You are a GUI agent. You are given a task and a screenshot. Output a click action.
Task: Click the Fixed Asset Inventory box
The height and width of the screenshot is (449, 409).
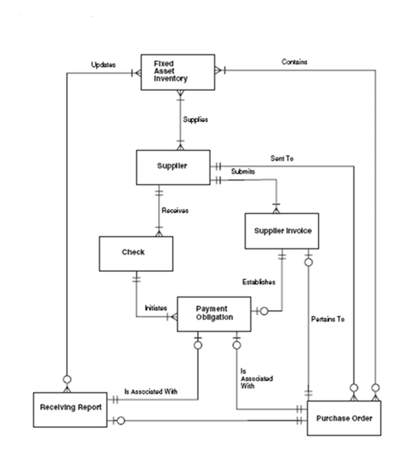[177, 72]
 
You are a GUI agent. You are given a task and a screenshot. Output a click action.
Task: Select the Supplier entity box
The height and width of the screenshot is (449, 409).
[173, 167]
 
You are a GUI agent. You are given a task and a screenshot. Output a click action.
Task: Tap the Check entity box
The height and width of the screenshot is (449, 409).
[136, 253]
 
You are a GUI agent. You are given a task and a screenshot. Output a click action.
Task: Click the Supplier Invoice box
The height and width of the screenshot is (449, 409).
[281, 231]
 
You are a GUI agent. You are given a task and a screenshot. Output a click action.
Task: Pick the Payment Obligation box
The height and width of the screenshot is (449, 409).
[214, 314]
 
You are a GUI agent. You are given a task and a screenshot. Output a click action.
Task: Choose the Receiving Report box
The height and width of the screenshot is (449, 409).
[70, 409]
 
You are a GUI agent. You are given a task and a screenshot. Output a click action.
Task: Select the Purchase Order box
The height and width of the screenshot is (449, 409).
[344, 418]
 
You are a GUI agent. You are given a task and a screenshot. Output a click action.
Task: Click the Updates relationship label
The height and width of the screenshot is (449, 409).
[103, 65]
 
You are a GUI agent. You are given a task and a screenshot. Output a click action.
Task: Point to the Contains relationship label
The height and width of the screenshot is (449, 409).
[295, 62]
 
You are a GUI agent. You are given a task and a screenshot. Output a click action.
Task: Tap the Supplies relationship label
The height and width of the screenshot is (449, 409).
[195, 119]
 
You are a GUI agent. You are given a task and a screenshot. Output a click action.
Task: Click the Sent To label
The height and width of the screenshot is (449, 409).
[281, 158]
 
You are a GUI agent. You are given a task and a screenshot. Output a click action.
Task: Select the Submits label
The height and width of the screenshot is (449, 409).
[243, 171]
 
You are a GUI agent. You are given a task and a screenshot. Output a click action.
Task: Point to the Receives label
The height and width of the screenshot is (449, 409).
[175, 210]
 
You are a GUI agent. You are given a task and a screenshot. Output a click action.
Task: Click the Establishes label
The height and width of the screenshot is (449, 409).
[259, 282]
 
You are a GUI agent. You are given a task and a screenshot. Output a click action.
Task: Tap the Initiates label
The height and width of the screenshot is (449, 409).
[156, 308]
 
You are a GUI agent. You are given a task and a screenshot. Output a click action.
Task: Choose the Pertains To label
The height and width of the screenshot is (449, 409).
[328, 319]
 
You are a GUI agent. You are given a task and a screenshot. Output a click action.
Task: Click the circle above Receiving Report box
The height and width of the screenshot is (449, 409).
[67, 380]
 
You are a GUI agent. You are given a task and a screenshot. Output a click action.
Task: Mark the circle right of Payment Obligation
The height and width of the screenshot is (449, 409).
[264, 311]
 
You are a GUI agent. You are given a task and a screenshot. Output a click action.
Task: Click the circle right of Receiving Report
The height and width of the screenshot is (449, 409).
[121, 421]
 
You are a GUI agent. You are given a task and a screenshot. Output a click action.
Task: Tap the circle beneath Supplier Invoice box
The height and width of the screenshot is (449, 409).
[308, 262]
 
